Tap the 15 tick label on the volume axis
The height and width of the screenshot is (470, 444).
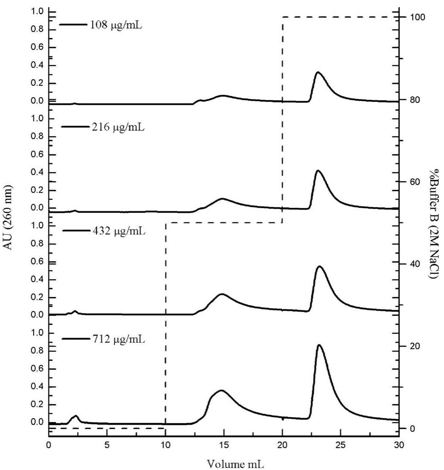click(224, 445)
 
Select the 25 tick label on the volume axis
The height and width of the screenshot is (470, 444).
click(341, 445)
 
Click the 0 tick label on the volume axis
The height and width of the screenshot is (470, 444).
click(49, 445)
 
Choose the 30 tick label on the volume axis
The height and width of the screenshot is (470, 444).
click(399, 445)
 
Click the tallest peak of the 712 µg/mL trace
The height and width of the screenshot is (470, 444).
click(319, 345)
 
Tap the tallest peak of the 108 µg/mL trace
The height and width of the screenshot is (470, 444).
click(318, 72)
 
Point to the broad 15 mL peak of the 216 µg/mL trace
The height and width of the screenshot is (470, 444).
click(222, 199)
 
